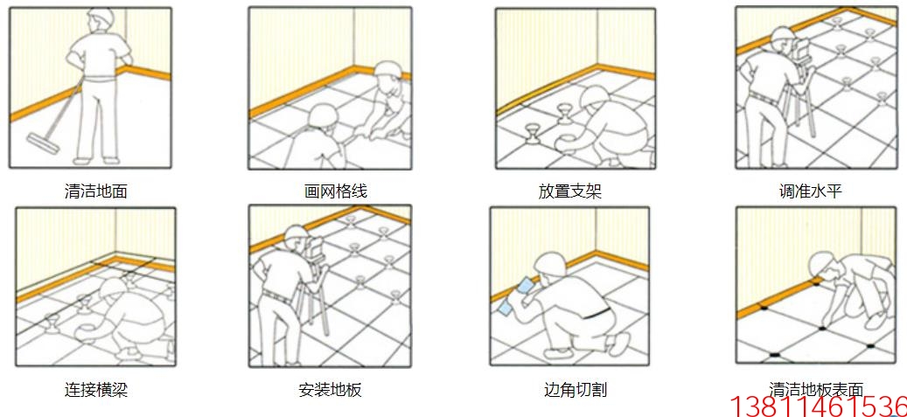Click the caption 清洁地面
click(96, 191)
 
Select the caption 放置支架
click(570, 191)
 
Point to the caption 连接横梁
click(96, 390)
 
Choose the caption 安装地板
click(330, 390)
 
